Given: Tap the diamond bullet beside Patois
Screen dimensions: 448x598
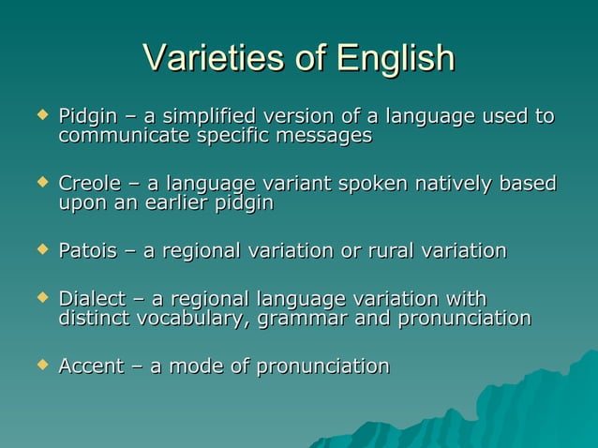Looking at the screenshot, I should (40, 249).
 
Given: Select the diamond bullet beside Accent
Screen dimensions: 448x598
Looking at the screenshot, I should (40, 365).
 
